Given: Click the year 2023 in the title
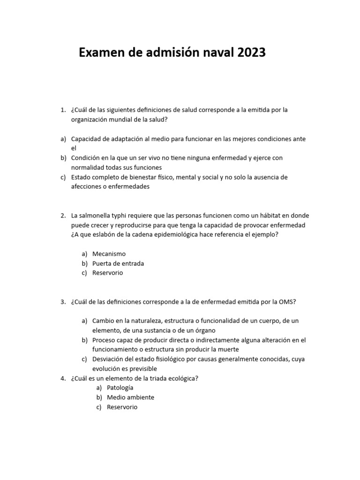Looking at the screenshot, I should click(x=251, y=53).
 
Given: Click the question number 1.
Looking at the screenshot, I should click(x=62, y=110).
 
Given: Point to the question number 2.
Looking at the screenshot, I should click(x=62, y=216).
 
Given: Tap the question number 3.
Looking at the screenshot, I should click(x=62, y=302).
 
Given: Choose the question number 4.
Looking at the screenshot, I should click(x=62, y=379).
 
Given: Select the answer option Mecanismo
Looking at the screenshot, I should click(x=109, y=254).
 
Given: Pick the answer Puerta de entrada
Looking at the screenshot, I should click(x=118, y=263).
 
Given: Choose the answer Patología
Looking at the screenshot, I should click(x=120, y=388).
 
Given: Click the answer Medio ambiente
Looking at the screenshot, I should click(x=130, y=397).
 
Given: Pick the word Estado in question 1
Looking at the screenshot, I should click(x=81, y=177).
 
